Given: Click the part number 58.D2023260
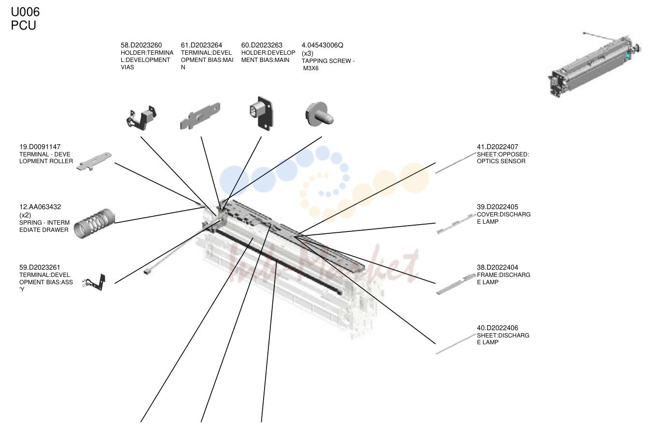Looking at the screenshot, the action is (141, 45).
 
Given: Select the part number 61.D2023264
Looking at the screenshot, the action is (201, 45).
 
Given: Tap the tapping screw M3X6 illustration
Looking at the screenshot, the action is (319, 114).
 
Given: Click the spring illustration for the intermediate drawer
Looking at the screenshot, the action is (94, 224).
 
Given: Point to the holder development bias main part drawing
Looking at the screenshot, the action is (261, 113).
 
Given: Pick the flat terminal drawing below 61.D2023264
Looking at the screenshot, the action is (200, 116).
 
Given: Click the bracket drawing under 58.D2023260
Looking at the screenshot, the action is (141, 118).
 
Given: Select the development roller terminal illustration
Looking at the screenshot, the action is (94, 161).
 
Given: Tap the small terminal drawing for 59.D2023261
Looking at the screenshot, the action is (94, 282).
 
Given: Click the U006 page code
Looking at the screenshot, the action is (25, 12).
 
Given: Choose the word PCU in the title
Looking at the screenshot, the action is (24, 26).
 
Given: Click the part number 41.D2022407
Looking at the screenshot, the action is (497, 147).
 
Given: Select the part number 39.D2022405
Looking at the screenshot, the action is (497, 207).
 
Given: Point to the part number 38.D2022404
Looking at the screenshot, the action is (497, 267).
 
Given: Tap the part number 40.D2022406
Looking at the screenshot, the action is (497, 328).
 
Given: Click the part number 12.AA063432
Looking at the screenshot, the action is (40, 207).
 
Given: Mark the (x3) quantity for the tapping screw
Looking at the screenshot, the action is (308, 54).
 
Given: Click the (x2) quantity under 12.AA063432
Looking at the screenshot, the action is (25, 215).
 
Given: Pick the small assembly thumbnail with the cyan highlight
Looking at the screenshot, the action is (594, 65).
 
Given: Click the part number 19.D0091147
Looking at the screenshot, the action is (40, 147).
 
